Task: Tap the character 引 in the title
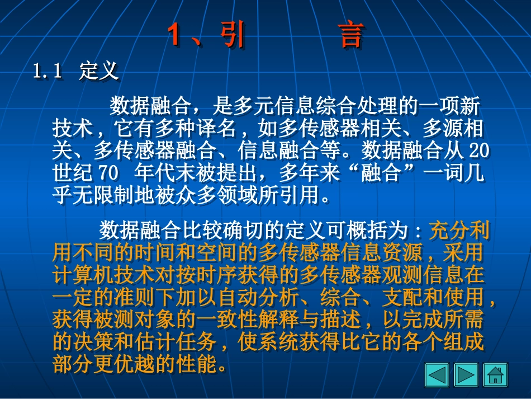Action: click(230, 36)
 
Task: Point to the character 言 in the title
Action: click(350, 36)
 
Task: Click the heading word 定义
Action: click(98, 71)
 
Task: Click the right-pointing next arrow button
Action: click(466, 374)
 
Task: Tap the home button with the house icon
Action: click(495, 374)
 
